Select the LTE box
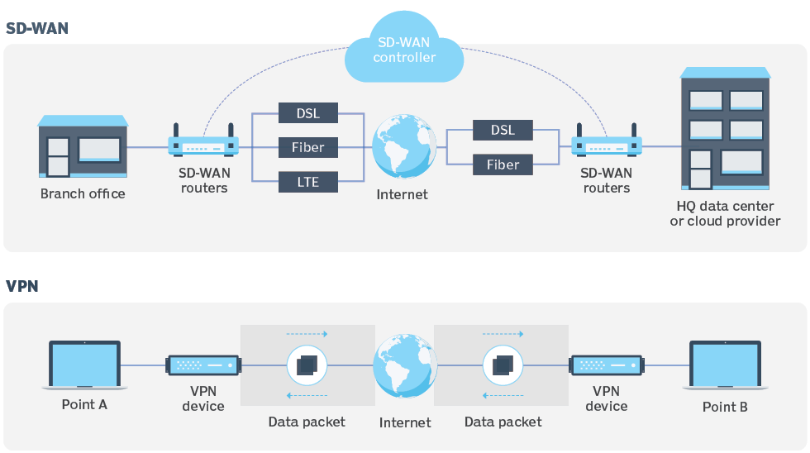click(x=307, y=181)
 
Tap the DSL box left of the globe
click(x=307, y=114)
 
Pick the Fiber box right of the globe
click(x=503, y=165)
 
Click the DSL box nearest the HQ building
click(x=503, y=131)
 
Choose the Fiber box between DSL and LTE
click(x=307, y=148)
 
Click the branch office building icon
click(x=83, y=147)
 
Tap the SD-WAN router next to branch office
click(x=203, y=145)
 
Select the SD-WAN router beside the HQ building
click(x=607, y=145)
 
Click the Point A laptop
click(x=84, y=365)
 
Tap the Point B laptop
click(x=725, y=365)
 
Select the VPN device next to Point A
click(x=203, y=365)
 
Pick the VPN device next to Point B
click(x=607, y=365)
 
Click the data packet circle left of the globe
click(x=307, y=365)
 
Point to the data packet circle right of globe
click(x=503, y=365)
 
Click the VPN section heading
click(x=22, y=287)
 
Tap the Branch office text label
click(x=83, y=194)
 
